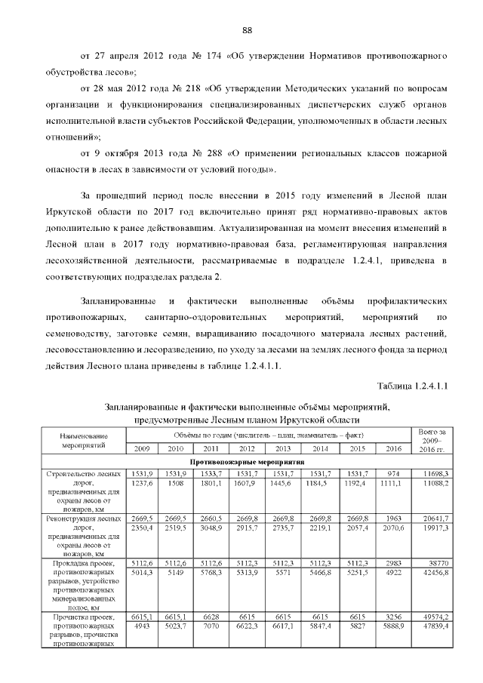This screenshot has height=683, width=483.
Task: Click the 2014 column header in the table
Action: pos(321,448)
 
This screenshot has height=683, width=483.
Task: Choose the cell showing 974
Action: pos(393,472)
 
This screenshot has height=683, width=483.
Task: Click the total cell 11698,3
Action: pos(435,472)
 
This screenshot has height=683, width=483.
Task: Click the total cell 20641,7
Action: pos(435,519)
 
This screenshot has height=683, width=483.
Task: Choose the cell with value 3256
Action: pos(393,616)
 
